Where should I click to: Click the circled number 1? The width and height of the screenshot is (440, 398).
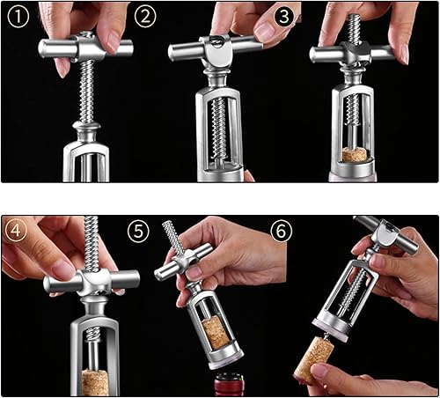click(18, 17)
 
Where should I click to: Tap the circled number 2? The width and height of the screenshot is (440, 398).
click(145, 17)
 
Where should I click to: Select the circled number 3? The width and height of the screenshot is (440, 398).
click(283, 17)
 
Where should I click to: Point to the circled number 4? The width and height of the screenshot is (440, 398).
click(16, 231)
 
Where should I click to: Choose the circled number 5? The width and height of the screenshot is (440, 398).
click(138, 232)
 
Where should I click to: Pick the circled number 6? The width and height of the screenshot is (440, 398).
click(281, 231)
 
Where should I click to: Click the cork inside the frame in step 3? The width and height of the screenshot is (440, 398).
click(354, 155)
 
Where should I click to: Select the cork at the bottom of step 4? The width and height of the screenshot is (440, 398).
click(95, 382)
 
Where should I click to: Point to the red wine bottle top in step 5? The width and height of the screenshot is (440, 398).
click(229, 384)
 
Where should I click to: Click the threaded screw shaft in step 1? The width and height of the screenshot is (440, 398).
click(87, 91)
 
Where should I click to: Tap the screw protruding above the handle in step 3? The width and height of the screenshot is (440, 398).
click(355, 29)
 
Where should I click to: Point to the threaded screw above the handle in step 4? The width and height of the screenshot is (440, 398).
click(91, 243)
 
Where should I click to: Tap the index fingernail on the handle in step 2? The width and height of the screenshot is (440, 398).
click(263, 32)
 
